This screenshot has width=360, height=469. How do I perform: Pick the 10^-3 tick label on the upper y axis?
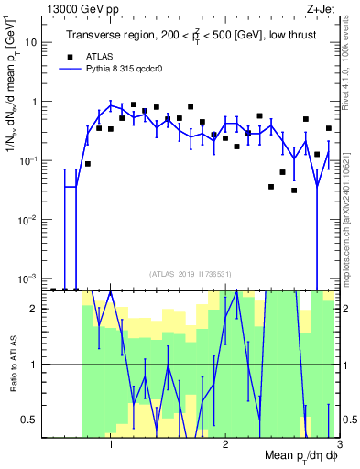(x=29, y=278)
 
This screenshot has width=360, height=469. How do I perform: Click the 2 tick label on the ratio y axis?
(x=37, y=309)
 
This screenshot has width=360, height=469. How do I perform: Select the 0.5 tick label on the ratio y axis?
(x=33, y=420)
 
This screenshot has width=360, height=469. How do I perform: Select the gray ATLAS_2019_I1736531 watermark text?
(x=190, y=273)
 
